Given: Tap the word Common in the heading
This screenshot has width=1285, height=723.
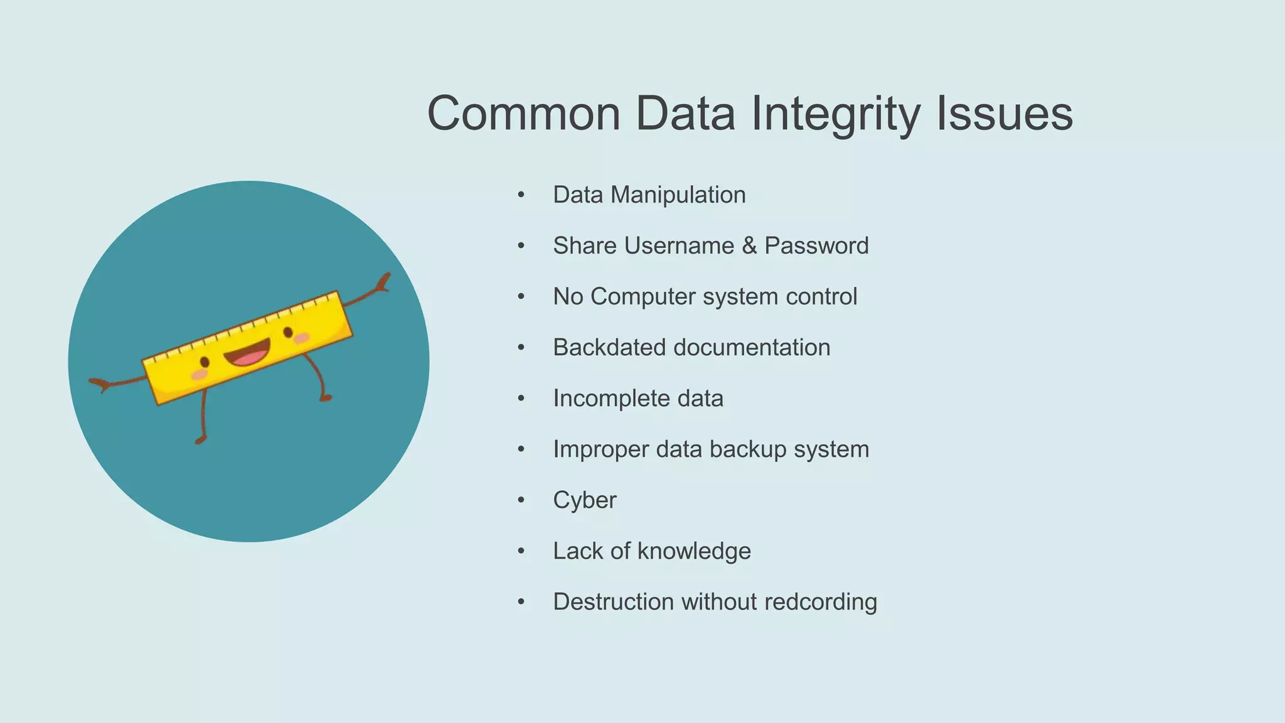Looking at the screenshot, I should pyautogui.click(x=524, y=114).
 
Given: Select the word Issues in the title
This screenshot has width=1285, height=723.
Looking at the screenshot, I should pyautogui.click(x=1005, y=114).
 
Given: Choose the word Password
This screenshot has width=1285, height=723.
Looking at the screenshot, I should pyautogui.click(x=816, y=246).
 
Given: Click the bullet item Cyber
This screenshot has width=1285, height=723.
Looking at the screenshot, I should pyautogui.click(x=585, y=500).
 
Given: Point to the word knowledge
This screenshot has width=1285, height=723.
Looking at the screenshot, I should pyautogui.click(x=694, y=551).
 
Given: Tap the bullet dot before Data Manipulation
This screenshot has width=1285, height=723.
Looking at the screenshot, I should pyautogui.click(x=521, y=195).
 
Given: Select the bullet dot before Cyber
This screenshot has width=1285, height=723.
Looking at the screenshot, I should pyautogui.click(x=521, y=500).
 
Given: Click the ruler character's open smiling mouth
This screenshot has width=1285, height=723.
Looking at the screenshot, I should pyautogui.click(x=248, y=354).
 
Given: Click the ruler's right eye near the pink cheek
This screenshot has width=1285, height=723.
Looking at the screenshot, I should pyautogui.click(x=288, y=331).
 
